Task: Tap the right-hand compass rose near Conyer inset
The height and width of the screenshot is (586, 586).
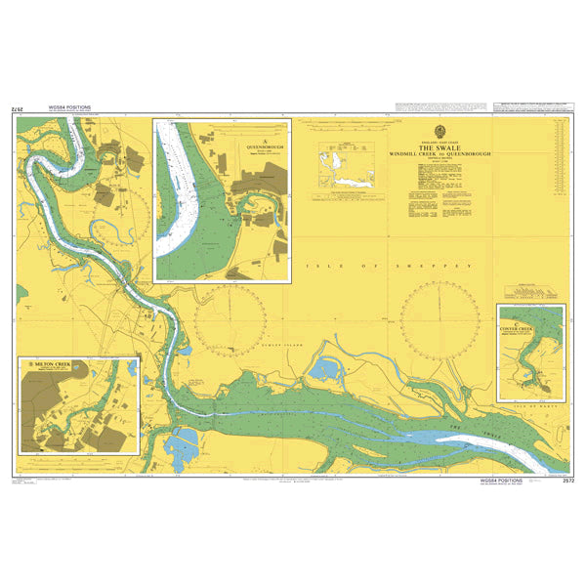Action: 442,315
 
